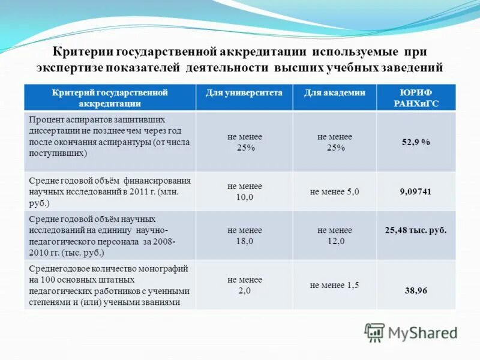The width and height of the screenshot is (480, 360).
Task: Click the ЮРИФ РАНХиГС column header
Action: (x=416, y=97)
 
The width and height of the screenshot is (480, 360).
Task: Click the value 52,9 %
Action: (x=416, y=142)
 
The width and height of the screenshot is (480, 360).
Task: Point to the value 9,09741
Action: (x=416, y=192)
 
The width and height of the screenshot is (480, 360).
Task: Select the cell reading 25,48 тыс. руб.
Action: (x=416, y=230)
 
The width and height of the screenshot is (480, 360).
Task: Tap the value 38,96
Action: (x=416, y=290)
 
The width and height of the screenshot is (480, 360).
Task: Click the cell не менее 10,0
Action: (x=244, y=191)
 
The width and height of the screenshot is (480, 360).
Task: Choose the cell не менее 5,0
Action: (x=334, y=192)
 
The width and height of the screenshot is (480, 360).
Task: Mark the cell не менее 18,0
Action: (x=244, y=235)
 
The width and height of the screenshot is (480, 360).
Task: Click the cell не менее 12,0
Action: (x=334, y=235)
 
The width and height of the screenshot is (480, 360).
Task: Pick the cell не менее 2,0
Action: (x=244, y=285)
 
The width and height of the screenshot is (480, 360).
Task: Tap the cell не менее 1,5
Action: (x=334, y=285)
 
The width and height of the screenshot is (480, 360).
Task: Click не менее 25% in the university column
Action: (x=244, y=142)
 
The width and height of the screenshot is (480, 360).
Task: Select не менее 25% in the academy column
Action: (x=334, y=142)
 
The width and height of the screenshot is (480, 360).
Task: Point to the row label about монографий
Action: (x=109, y=285)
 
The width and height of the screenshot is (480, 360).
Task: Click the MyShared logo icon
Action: (x=374, y=332)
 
